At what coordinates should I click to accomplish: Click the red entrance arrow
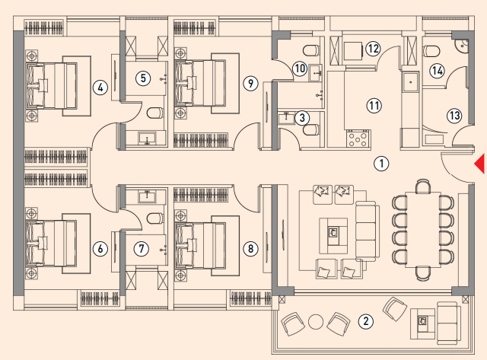pyautogui.click(x=480, y=164)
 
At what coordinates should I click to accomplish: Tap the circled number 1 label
pyautogui.click(x=381, y=164)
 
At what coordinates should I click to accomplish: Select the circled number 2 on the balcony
pyautogui.click(x=365, y=321)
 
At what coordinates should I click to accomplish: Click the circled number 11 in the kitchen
pyautogui.click(x=374, y=106)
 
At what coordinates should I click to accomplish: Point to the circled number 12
pyautogui.click(x=373, y=49)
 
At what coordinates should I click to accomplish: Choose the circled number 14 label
pyautogui.click(x=437, y=71)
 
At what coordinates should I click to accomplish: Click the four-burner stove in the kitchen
pyautogui.click(x=358, y=139)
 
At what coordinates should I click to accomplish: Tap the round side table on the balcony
pyautogui.click(x=316, y=322)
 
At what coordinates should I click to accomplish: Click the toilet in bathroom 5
pyautogui.click(x=154, y=113)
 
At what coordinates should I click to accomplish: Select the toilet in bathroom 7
pyautogui.click(x=154, y=218)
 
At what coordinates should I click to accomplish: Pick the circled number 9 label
pyautogui.click(x=250, y=83)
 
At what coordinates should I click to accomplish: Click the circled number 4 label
pyautogui.click(x=100, y=88)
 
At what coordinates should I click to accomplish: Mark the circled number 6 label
pyautogui.click(x=100, y=248)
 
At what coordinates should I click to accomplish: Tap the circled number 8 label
pyautogui.click(x=250, y=248)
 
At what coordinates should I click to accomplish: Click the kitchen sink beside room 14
pyautogui.click(x=411, y=82)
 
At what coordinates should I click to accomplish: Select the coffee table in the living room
pyautogui.click(x=333, y=231)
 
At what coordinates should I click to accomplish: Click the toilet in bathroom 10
pyautogui.click(x=311, y=50)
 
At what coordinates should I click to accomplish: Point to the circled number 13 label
pyautogui.click(x=454, y=116)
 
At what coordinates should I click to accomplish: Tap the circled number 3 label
pyautogui.click(x=301, y=118)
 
